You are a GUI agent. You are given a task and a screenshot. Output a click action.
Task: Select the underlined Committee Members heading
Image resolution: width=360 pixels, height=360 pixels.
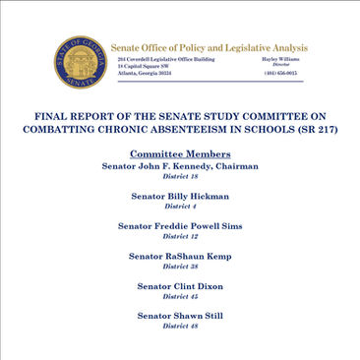tap(180, 153)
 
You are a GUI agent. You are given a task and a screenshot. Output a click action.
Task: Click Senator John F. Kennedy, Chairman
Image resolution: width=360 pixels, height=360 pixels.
tap(180, 166)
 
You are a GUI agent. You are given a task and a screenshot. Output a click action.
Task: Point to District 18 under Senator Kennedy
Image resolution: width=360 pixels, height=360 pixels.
tap(180, 177)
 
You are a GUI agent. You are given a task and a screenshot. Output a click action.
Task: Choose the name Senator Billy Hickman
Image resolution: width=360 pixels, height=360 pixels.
tap(180, 197)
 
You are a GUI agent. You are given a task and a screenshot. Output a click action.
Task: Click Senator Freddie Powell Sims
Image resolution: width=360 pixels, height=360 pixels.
tap(180, 226)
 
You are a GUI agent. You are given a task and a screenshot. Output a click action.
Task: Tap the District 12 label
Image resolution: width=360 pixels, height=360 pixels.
tap(180, 237)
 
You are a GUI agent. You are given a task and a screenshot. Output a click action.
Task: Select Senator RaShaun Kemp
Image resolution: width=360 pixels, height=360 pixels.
tap(180, 256)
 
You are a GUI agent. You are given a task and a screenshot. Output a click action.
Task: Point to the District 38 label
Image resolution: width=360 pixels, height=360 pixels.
tap(180, 267)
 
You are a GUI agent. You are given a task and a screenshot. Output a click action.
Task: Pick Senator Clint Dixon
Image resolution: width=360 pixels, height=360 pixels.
tap(180, 285)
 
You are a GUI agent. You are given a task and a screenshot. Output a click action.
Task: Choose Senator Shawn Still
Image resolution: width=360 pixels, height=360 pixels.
tap(180, 315)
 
